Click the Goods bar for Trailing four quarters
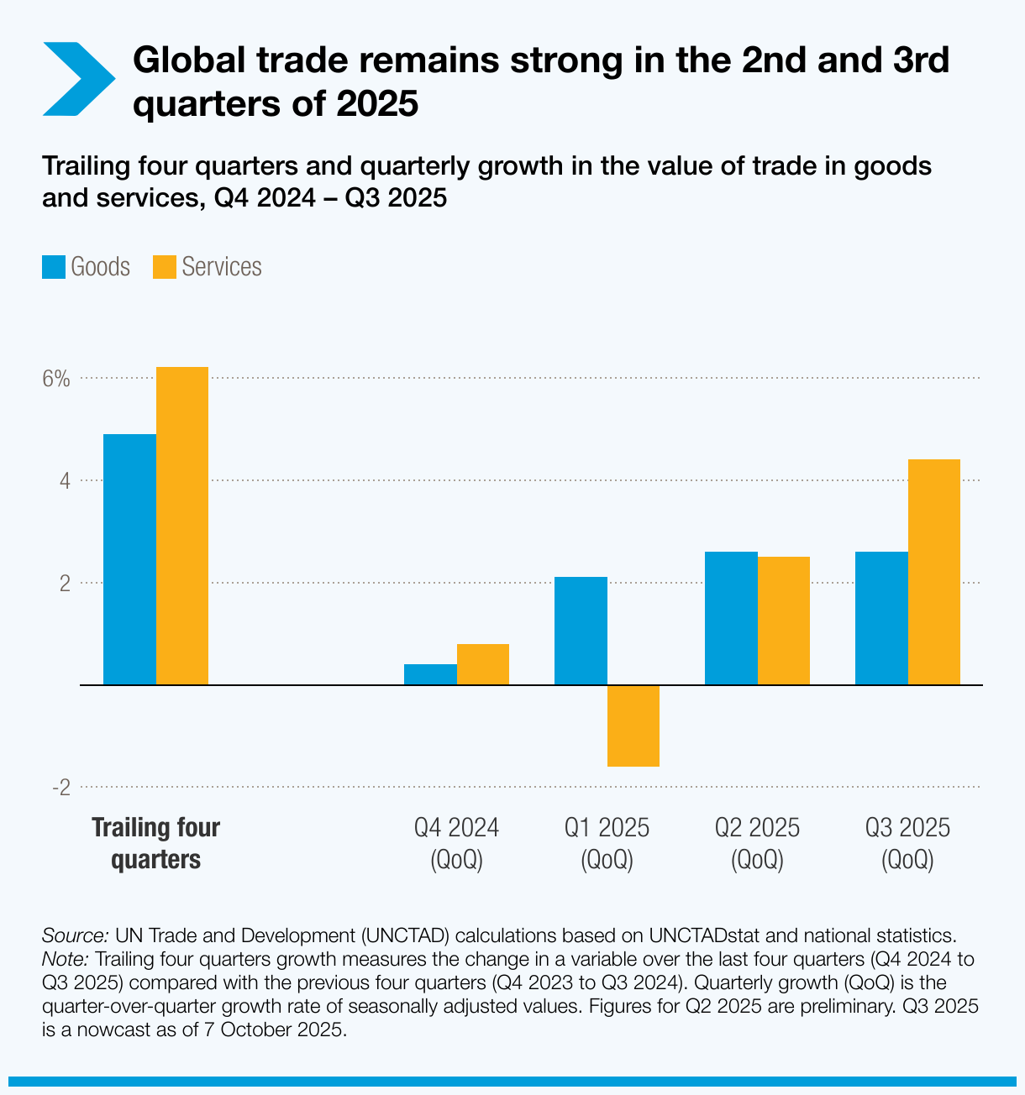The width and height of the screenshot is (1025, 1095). [x=129, y=559]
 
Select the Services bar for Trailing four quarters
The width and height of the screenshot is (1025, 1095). [x=182, y=526]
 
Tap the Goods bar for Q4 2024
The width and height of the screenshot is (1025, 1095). [x=430, y=674]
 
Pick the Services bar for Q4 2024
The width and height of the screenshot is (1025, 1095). [x=483, y=664]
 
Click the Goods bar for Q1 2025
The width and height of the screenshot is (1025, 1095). [x=581, y=631]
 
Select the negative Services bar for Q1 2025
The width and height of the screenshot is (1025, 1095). [x=633, y=726]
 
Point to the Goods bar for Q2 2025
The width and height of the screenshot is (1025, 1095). [x=731, y=618]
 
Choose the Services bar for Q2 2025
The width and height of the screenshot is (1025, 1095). [x=784, y=621]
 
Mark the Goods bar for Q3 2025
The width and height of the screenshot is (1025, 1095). [x=881, y=618]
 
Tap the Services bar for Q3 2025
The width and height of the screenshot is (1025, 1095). [x=934, y=572]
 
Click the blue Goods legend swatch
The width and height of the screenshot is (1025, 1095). [x=54, y=267]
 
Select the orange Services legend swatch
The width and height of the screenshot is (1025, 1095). [x=165, y=267]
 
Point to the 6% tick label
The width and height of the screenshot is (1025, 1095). [x=56, y=379]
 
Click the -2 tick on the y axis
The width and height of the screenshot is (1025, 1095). [x=60, y=788]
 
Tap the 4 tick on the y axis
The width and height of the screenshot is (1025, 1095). [x=64, y=481]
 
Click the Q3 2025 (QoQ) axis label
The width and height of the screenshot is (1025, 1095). [x=907, y=843]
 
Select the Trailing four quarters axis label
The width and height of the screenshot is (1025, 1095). [x=155, y=843]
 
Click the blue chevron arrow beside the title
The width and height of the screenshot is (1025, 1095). [x=77, y=79]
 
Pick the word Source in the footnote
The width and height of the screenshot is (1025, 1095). [x=75, y=935]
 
